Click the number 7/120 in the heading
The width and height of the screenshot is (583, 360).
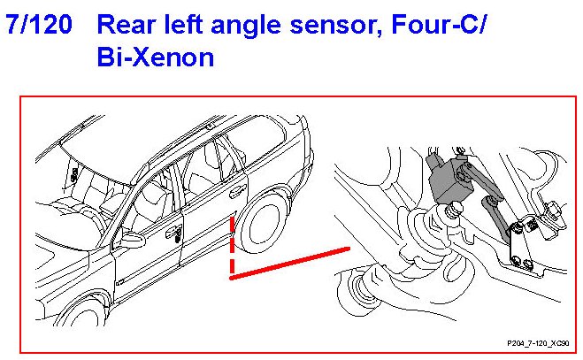click(x=39, y=25)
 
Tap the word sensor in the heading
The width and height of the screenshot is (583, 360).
click(x=336, y=26)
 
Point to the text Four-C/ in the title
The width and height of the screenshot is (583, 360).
click(x=439, y=25)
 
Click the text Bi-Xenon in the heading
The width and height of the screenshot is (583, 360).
click(x=156, y=57)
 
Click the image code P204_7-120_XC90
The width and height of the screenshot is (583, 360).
click(x=538, y=343)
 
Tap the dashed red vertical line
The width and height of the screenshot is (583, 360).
click(x=232, y=247)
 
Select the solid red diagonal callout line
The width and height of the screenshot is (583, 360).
click(x=290, y=263)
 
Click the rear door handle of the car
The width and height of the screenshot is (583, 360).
click(x=237, y=192)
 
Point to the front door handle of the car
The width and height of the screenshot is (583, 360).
click(x=174, y=232)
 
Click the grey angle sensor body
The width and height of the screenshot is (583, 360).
click(x=449, y=180)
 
